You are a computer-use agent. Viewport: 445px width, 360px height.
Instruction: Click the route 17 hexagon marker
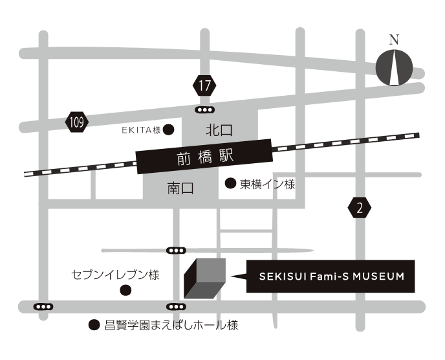point(204,85)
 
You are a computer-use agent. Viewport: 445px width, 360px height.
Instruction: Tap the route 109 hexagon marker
point(77,121)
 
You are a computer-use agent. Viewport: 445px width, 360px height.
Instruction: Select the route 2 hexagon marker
point(360,208)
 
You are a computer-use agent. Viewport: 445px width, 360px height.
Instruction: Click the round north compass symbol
point(395,67)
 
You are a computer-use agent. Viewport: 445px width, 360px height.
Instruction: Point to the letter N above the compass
point(394,39)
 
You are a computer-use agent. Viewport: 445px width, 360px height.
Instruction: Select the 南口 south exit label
point(180,188)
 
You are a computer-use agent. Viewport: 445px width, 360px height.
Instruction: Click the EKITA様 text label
point(141,130)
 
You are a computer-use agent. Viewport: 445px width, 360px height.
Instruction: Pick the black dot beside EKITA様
point(168,129)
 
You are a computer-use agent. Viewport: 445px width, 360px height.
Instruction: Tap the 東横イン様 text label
point(267,185)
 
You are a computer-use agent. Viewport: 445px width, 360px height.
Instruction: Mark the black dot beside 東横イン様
point(230,184)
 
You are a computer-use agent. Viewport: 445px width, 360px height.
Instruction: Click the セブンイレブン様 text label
point(115,275)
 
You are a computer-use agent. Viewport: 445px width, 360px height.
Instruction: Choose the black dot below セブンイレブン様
point(126,289)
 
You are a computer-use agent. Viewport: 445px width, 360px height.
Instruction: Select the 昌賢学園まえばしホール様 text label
point(171,325)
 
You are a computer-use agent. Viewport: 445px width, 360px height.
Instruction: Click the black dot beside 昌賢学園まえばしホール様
point(94,325)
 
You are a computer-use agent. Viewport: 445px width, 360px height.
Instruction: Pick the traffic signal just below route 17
point(205,109)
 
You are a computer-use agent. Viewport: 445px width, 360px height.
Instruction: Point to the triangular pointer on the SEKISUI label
point(239,277)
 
